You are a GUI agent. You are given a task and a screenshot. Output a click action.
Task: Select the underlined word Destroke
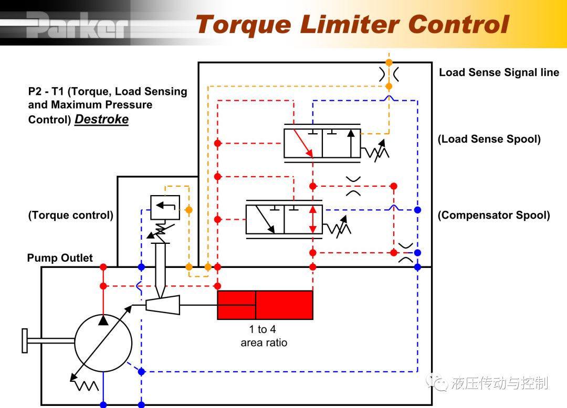102,119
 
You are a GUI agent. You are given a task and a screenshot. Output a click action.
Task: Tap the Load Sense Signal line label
499,72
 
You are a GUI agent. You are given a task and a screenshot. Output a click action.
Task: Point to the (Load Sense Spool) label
489,139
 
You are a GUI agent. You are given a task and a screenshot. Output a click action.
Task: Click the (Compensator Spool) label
494,215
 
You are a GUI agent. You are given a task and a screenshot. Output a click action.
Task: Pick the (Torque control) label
71,215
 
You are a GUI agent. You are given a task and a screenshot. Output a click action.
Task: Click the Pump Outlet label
60,258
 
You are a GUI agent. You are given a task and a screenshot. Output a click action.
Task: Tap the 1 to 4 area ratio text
264,336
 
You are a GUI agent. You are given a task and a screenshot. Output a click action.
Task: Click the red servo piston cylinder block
265,305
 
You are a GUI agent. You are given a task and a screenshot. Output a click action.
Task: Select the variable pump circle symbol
103,343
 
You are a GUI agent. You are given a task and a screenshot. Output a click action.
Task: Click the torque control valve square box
165,207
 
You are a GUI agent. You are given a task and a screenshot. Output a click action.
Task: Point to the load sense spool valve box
322,143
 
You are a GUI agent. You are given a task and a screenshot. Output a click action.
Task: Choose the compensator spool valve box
284,220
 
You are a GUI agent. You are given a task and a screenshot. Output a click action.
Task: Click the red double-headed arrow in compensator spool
313,220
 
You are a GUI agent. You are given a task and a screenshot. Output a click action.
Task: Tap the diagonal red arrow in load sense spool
303,144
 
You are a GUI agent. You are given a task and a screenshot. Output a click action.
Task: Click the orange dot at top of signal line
388,62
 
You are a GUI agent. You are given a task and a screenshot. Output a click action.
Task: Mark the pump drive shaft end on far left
25,340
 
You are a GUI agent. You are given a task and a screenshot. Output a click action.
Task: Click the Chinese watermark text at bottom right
499,383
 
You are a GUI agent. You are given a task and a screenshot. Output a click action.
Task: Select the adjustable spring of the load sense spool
375,151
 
